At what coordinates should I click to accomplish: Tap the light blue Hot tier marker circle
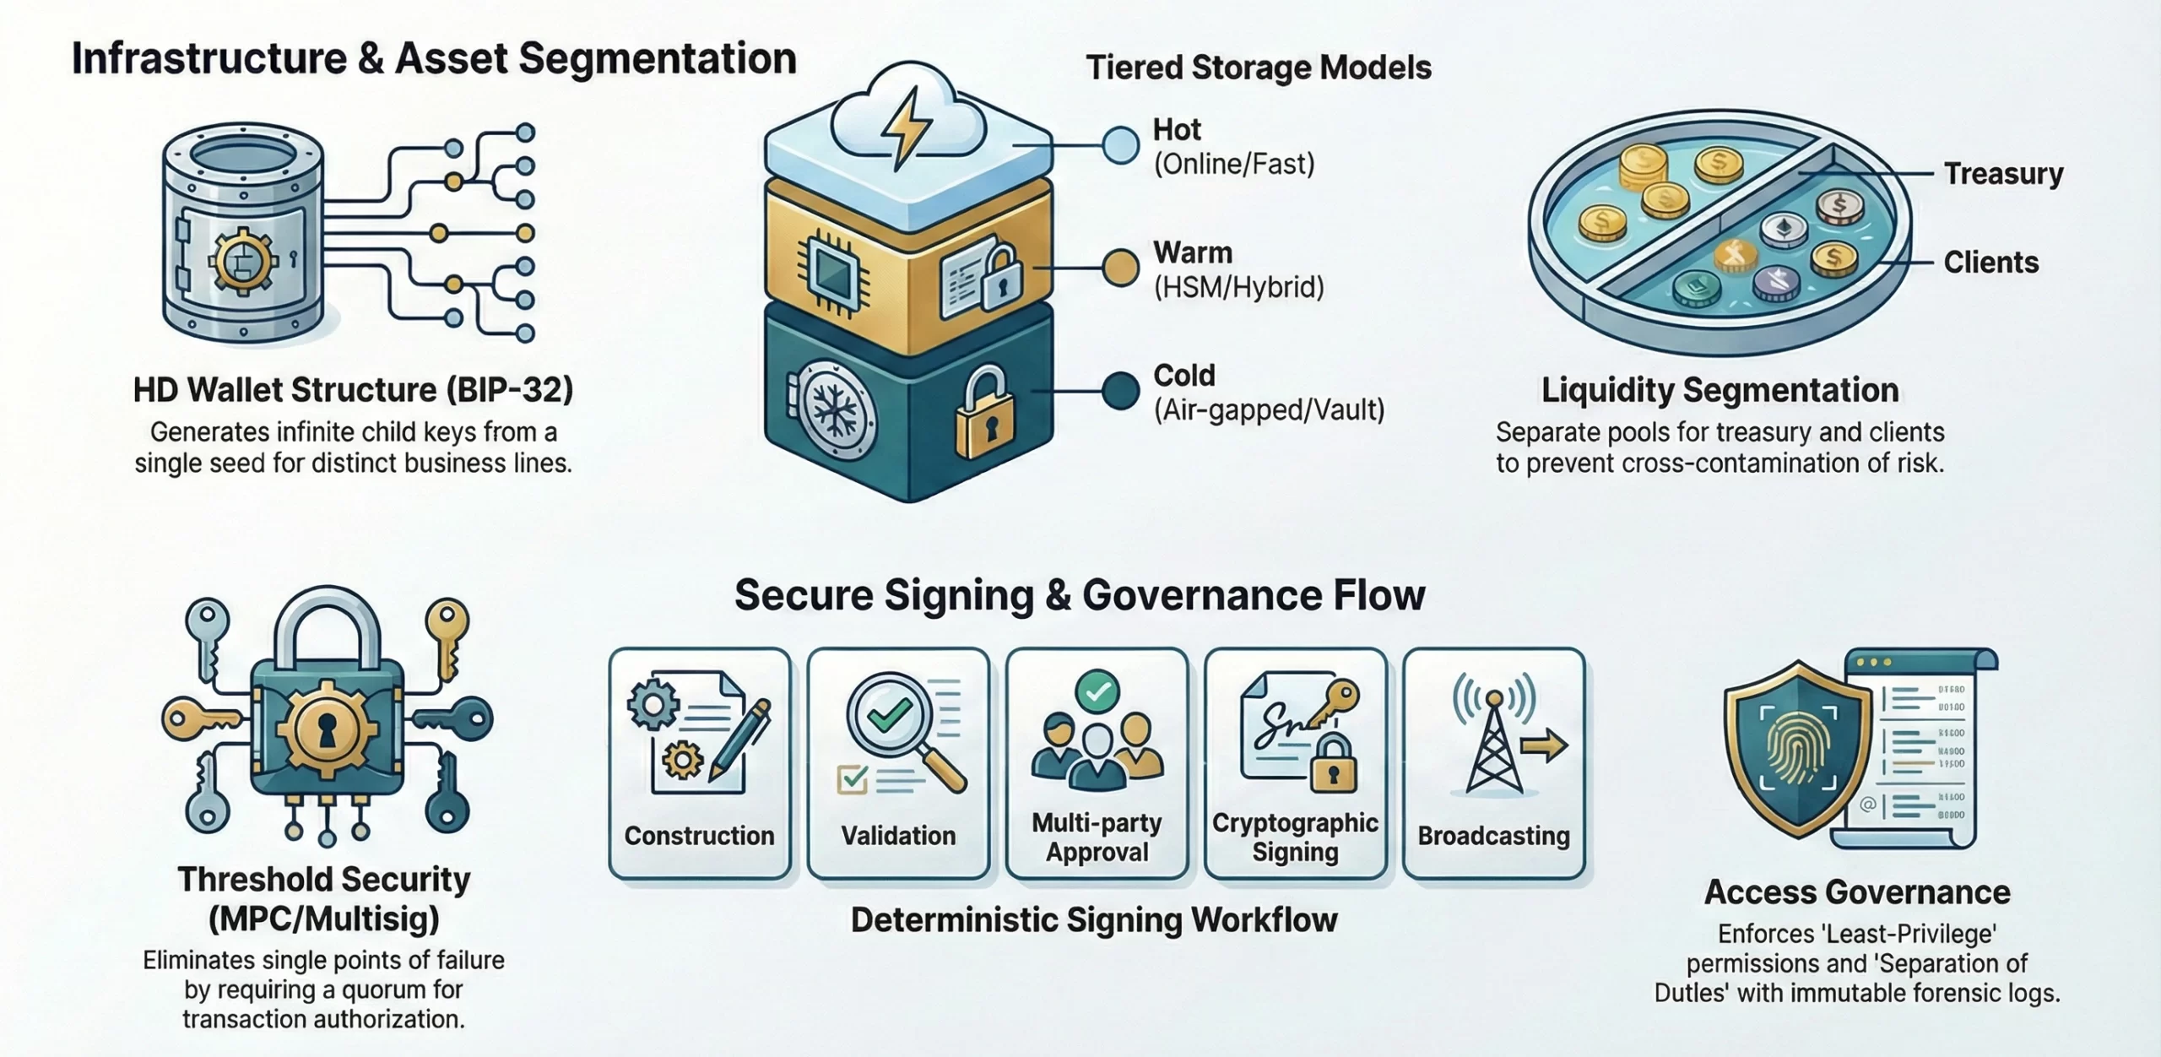click(1120, 145)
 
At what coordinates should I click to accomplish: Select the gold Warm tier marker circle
click(1120, 268)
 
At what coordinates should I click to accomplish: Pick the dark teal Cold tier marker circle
click(1120, 391)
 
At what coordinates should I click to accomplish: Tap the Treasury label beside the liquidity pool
click(2003, 174)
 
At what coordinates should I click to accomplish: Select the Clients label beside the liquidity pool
click(1990, 263)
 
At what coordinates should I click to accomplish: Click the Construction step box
click(699, 763)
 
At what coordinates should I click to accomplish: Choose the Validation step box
click(898, 763)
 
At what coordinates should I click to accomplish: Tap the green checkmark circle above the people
click(1097, 692)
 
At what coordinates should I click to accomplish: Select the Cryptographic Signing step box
click(1295, 763)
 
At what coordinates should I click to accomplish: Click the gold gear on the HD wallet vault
click(242, 262)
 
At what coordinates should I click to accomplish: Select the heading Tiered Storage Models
click(1258, 68)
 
